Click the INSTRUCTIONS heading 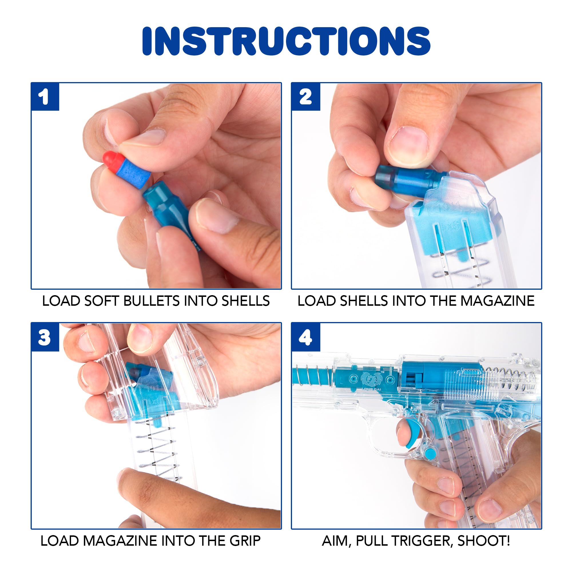coord(286,41)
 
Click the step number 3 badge coord(45,337)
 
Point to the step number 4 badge coord(305,337)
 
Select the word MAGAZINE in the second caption coord(497,301)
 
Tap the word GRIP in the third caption coord(245,541)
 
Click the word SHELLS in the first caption coord(246,301)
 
